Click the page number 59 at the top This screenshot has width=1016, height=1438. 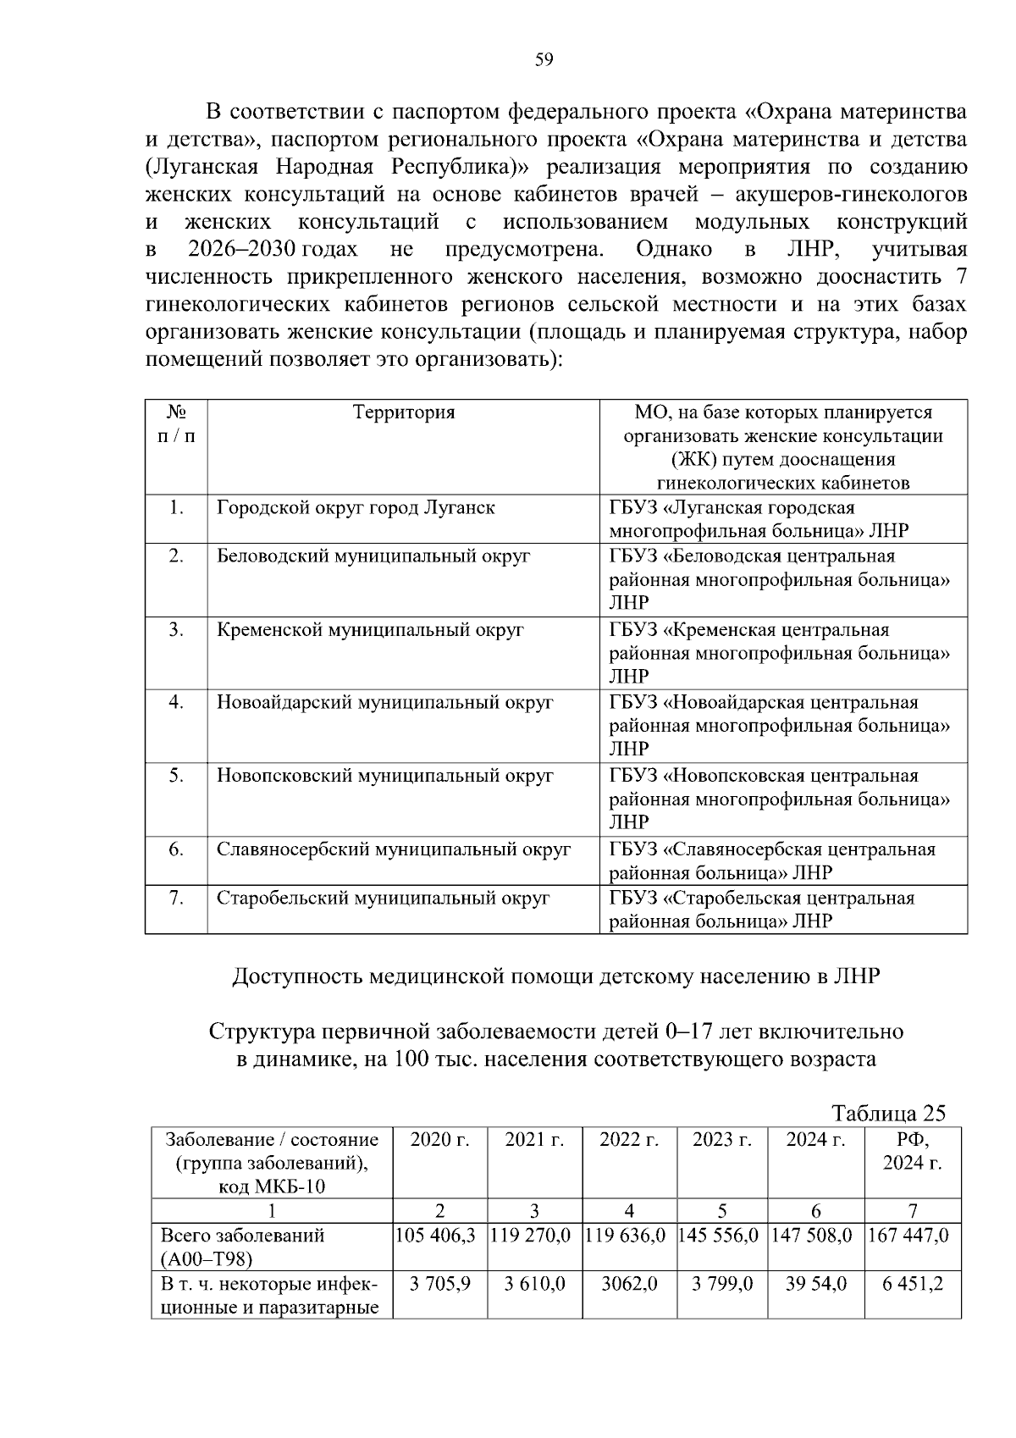(544, 58)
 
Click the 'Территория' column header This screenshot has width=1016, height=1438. (403, 412)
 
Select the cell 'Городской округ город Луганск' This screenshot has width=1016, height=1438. (356, 508)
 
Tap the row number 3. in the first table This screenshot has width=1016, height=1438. (176, 630)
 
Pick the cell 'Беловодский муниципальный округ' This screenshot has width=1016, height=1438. (373, 556)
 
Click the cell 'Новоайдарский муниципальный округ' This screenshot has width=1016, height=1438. (384, 703)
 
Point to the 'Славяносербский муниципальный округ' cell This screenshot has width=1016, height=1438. (394, 849)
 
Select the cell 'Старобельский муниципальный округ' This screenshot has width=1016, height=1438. (383, 899)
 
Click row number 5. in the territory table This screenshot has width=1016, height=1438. (176, 776)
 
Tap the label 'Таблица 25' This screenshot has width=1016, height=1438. (888, 1113)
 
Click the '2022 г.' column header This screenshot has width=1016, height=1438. (629, 1140)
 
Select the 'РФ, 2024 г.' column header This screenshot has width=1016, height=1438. (912, 1151)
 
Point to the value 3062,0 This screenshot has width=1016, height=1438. (629, 1284)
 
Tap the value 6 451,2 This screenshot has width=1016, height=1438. (912, 1284)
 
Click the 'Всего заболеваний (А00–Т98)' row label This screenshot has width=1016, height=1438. (243, 1247)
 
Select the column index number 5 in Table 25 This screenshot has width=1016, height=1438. (722, 1211)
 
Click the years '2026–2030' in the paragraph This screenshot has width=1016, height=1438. (240, 251)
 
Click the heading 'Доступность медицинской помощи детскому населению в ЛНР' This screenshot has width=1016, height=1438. (556, 976)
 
